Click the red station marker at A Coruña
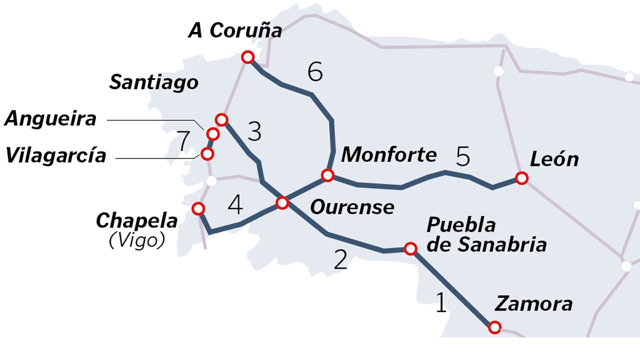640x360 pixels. [247, 57]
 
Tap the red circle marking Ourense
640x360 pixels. [282, 203]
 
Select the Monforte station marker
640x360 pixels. [327, 175]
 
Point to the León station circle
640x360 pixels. [521, 178]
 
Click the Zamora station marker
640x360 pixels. [494, 327]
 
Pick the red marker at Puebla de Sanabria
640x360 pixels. [410, 248]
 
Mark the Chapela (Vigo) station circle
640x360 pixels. [198, 208]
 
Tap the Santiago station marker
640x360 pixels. [222, 119]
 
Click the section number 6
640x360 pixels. [315, 72]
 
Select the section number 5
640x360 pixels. [463, 157]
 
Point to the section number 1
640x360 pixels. [440, 303]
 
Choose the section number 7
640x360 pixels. [183, 141]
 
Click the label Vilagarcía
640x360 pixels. [56, 155]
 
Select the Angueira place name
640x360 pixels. [50, 119]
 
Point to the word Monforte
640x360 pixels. [388, 154]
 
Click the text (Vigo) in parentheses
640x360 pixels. [136, 241]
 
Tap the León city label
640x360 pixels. [554, 159]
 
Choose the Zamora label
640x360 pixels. [533, 303]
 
